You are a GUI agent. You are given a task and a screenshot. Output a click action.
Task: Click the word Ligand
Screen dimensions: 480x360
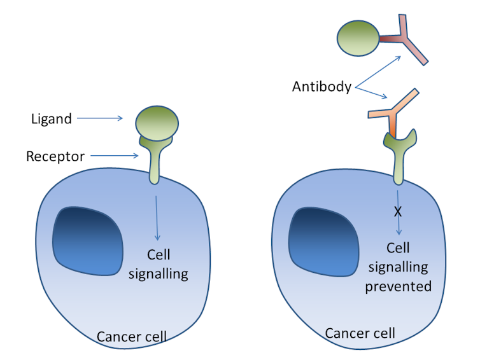click(x=52, y=119)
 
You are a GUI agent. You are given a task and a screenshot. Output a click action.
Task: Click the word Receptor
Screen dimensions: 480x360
click(x=55, y=156)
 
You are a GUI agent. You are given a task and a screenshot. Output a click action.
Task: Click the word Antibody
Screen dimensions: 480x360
click(x=321, y=87)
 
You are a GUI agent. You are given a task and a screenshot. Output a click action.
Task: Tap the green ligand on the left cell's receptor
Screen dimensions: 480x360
click(x=157, y=123)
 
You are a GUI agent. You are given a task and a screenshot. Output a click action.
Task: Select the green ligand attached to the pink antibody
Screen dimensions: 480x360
click(x=358, y=38)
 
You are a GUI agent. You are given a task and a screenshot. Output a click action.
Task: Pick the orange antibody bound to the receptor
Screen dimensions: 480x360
click(x=393, y=113)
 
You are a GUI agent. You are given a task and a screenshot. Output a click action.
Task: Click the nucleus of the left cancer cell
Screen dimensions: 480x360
click(x=88, y=241)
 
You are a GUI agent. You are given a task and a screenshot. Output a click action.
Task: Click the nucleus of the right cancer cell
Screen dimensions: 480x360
click(x=323, y=242)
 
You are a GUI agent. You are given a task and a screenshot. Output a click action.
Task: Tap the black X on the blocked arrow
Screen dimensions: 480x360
click(x=398, y=211)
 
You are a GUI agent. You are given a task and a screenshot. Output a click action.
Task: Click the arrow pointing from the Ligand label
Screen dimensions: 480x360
click(x=100, y=118)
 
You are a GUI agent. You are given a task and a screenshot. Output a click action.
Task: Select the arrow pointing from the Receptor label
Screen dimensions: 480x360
click(x=115, y=156)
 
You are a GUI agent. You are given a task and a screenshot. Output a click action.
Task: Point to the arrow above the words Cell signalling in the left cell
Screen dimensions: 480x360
click(x=157, y=218)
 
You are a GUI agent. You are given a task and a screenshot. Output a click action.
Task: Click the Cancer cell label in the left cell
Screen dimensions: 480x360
click(x=132, y=336)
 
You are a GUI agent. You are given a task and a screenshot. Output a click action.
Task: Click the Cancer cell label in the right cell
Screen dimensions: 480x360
click(x=360, y=333)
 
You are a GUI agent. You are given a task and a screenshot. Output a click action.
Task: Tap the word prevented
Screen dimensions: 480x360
click(x=399, y=287)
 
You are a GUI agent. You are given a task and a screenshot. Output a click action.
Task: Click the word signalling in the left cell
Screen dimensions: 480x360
click(x=159, y=274)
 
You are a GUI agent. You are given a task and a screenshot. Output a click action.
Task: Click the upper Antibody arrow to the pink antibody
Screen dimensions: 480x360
click(x=378, y=72)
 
